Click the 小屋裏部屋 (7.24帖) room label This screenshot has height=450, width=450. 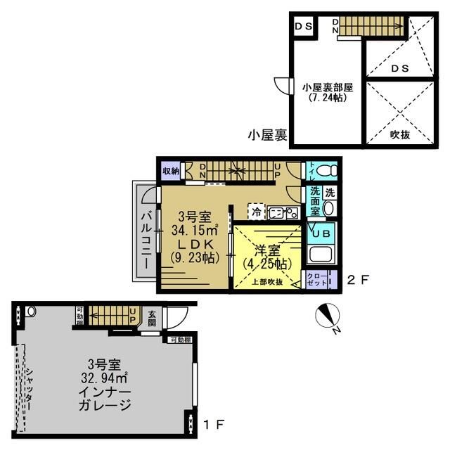pyautogui.click(x=328, y=93)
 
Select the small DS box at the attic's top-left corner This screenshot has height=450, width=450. pyautogui.click(x=304, y=27)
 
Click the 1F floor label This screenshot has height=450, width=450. pyautogui.click(x=214, y=425)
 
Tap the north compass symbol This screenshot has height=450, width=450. pyautogui.click(x=326, y=315)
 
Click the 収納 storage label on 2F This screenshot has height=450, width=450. pyautogui.click(x=172, y=171)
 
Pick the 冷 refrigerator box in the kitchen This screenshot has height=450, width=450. pyautogui.click(x=257, y=210)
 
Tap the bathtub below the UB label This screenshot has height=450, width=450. pyautogui.click(x=320, y=257)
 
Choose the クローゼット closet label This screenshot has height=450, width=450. pyautogui.click(x=314, y=278)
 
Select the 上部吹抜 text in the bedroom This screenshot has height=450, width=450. pyautogui.click(x=267, y=282)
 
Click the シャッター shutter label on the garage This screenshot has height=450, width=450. pyautogui.click(x=27, y=384)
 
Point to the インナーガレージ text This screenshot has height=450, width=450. pyautogui.click(x=105, y=398)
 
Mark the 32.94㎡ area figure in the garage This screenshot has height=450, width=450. pyautogui.click(x=105, y=378)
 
